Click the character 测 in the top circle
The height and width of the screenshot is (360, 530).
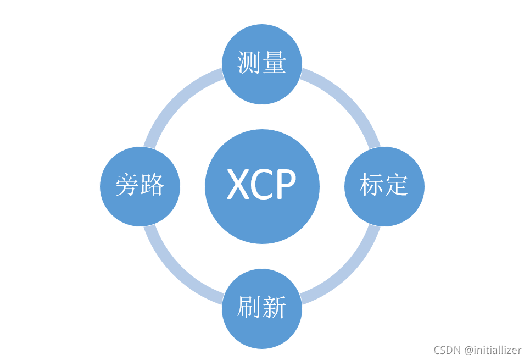(249, 63)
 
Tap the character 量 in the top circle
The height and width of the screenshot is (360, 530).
(275, 63)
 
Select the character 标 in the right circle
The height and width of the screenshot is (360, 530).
(371, 186)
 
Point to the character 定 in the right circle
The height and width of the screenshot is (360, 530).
(397, 186)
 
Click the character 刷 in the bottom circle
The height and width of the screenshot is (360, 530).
(249, 308)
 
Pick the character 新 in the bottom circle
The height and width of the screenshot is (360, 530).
(275, 308)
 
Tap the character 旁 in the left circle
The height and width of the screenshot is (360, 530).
(127, 186)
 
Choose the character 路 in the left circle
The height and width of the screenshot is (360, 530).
(153, 186)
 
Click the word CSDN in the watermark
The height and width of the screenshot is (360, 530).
(447, 350)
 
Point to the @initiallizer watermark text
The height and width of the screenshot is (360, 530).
(492, 350)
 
